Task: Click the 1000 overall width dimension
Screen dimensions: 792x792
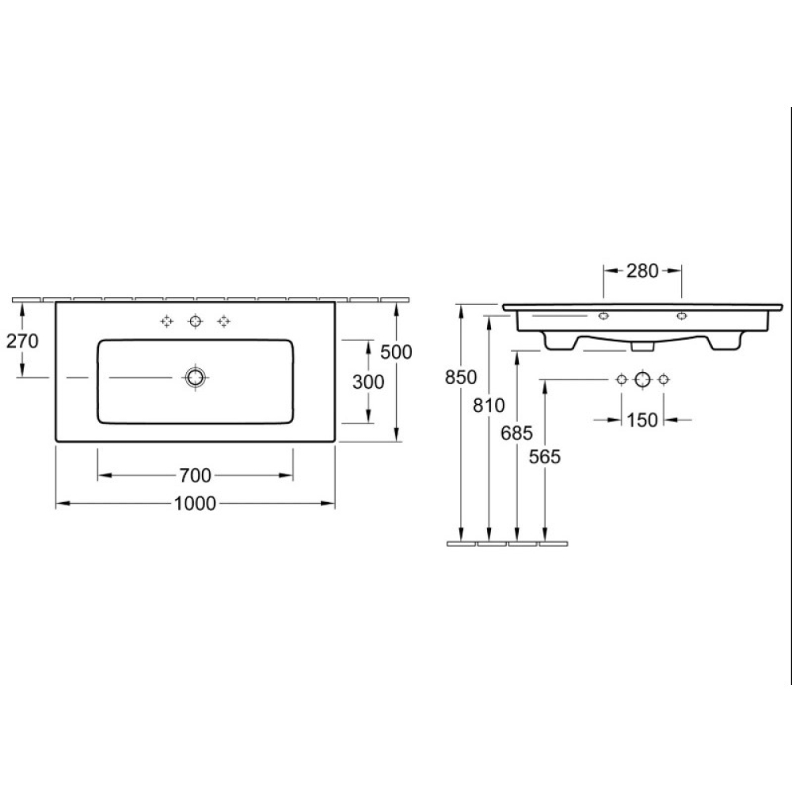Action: point(195,504)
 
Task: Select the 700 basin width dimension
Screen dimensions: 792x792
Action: point(195,475)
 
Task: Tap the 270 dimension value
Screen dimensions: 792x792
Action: point(22,341)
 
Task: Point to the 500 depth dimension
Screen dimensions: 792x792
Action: point(397,352)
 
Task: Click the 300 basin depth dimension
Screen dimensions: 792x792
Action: point(368,383)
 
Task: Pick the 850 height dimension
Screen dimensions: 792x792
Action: point(461,377)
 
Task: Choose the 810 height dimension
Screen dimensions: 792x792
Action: point(489,405)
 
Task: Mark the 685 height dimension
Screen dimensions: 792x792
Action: point(516,433)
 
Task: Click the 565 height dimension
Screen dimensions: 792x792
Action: point(545,457)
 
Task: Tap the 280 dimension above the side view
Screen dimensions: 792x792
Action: point(642,271)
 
